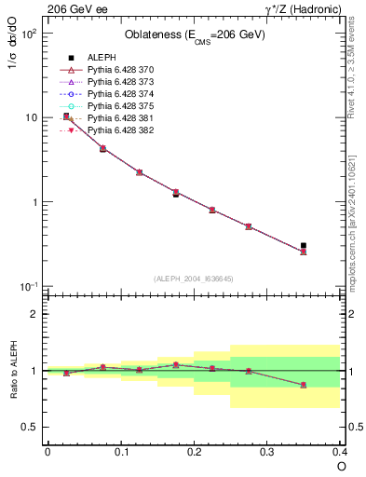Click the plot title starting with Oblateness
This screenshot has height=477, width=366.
194,35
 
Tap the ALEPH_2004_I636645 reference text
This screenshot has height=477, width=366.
194,278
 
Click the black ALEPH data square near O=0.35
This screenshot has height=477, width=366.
304,245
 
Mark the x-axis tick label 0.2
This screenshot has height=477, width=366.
194,452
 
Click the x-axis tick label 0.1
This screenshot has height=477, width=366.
121,452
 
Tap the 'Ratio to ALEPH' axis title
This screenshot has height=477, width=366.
12,370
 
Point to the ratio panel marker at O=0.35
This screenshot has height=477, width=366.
304,385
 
